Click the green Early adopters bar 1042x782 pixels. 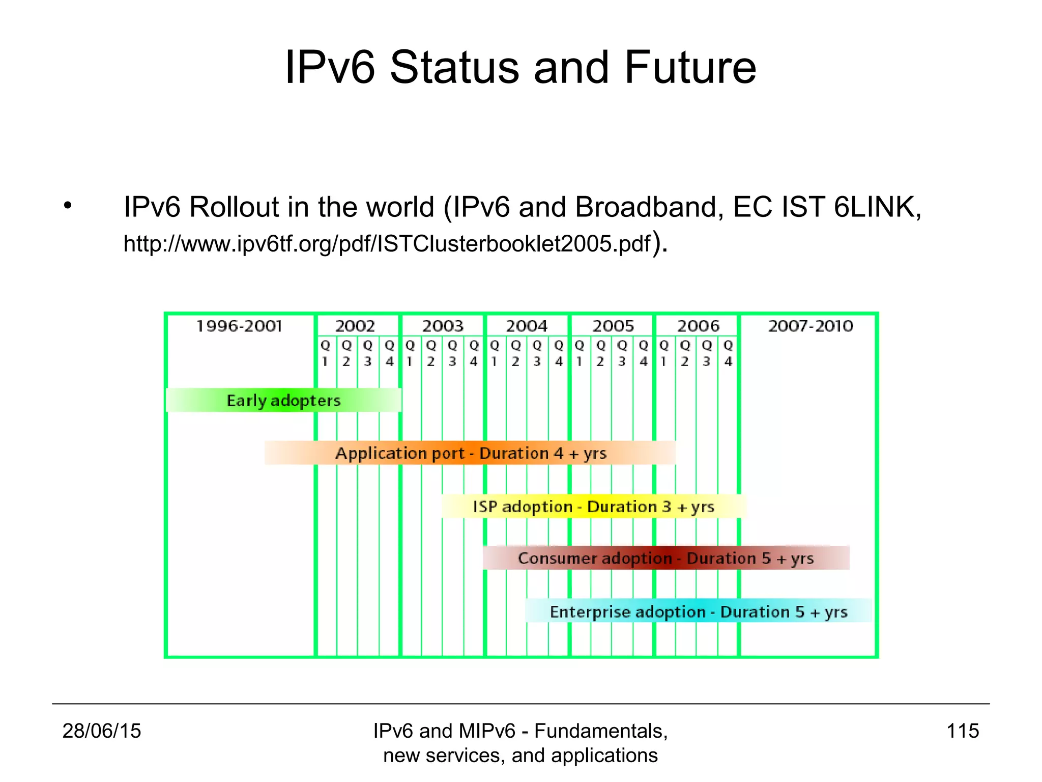pyautogui.click(x=283, y=400)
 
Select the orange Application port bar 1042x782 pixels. pyautogui.click(x=470, y=453)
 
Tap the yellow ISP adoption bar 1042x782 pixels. pyautogui.click(x=593, y=507)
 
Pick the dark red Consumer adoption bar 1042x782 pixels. pyautogui.click(x=665, y=558)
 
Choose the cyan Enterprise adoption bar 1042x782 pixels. pyautogui.click(x=698, y=611)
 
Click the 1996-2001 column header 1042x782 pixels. pyautogui.click(x=239, y=326)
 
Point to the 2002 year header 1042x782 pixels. pyautogui.click(x=355, y=326)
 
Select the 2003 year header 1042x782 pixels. pyautogui.click(x=443, y=326)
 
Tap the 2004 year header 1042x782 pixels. pyautogui.click(x=527, y=326)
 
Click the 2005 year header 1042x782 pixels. pyautogui.click(x=613, y=326)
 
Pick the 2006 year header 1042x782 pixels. pyautogui.click(x=698, y=326)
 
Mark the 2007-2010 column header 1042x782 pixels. pyautogui.click(x=811, y=326)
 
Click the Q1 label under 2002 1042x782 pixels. pyautogui.click(x=325, y=353)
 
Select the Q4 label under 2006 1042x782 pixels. pyautogui.click(x=728, y=353)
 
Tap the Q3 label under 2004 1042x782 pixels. pyautogui.click(x=537, y=353)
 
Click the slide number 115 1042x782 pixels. pyautogui.click(x=963, y=731)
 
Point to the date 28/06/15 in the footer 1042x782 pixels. pyautogui.click(x=102, y=731)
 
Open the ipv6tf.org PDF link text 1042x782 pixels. pyautogui.click(x=387, y=244)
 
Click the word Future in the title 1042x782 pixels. pyautogui.click(x=690, y=68)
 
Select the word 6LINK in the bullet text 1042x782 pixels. pyautogui.click(x=877, y=207)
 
